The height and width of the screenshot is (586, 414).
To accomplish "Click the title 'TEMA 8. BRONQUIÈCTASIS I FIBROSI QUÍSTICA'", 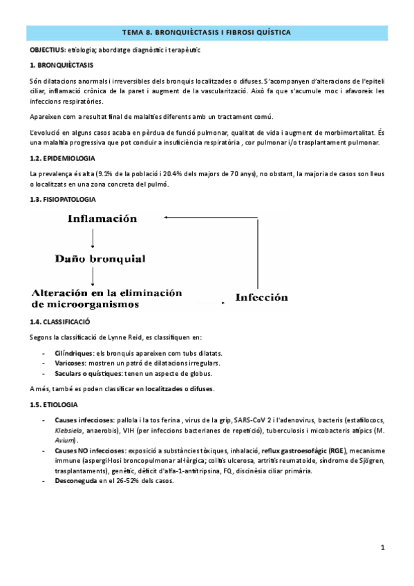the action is click(x=207, y=32).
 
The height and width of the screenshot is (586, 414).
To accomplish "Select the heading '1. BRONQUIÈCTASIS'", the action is click(x=57, y=65).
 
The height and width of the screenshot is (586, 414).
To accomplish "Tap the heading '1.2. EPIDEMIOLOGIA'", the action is click(x=59, y=158).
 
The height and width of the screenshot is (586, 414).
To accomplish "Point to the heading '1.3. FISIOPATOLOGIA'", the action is click(x=59, y=201).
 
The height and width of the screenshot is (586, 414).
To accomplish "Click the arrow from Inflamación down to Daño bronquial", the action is click(x=93, y=238).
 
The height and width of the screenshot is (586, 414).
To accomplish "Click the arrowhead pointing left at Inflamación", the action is click(x=169, y=218).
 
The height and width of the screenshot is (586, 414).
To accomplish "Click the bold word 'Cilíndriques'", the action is click(x=74, y=352).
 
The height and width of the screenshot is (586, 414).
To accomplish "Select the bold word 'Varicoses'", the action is click(x=70, y=363).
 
